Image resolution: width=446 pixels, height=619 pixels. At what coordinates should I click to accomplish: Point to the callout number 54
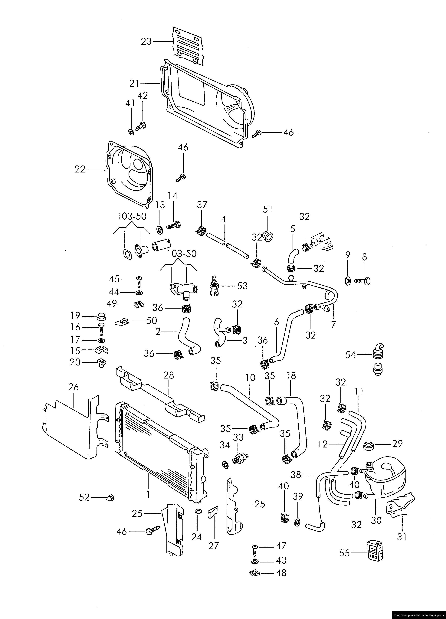tap(350, 355)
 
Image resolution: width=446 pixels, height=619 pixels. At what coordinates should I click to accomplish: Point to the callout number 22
tap(80, 169)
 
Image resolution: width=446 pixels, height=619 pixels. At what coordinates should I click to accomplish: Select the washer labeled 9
tap(348, 280)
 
